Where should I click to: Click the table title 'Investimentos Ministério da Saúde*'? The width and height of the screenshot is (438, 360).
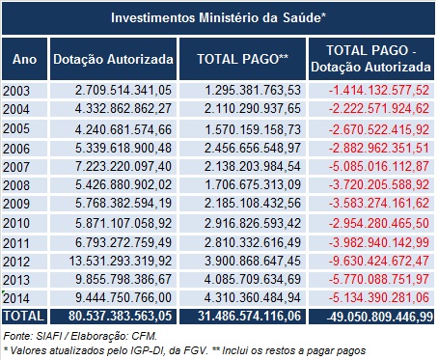pyautogui.click(x=218, y=17)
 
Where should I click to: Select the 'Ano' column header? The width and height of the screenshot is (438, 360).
pyautogui.click(x=23, y=60)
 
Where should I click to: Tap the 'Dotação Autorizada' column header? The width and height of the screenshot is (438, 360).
pyautogui.click(x=113, y=60)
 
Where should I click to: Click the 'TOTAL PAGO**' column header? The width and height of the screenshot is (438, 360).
pyautogui.click(x=243, y=60)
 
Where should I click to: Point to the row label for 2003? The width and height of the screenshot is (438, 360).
pyautogui.click(x=17, y=90)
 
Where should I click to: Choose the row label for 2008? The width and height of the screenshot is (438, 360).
pyautogui.click(x=17, y=182)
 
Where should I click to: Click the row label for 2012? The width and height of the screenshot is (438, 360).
pyautogui.click(x=17, y=260)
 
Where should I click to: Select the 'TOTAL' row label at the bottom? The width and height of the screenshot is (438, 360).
pyautogui.click(x=23, y=315)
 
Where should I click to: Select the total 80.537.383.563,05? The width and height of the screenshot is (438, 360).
pyautogui.click(x=115, y=315)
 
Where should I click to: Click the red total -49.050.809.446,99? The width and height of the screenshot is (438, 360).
pyautogui.click(x=371, y=315)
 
